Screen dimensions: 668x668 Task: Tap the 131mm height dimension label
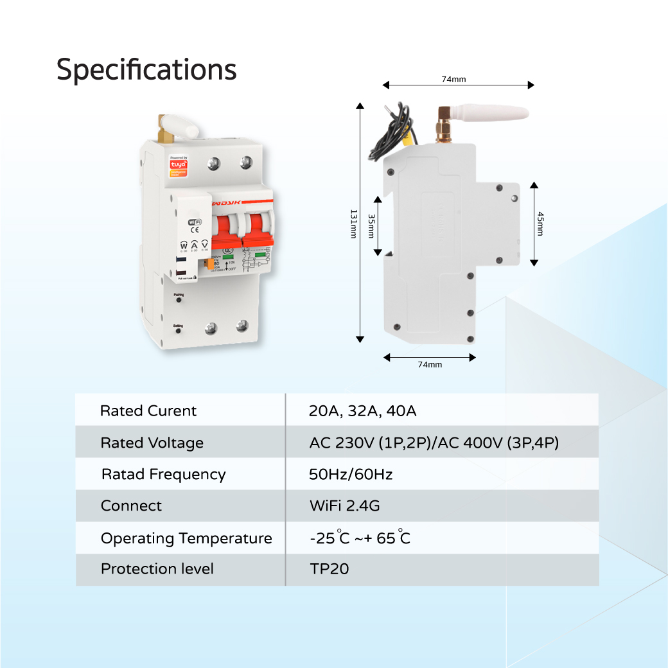tap(353, 224)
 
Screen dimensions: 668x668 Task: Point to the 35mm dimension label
tap(371, 226)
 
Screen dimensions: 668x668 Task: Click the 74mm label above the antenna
tap(453, 79)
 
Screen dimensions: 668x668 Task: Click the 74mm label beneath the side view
tap(430, 365)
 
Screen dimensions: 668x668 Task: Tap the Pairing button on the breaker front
tap(179, 301)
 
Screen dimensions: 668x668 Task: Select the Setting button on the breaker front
tap(178, 331)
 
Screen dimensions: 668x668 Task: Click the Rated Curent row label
tap(148, 411)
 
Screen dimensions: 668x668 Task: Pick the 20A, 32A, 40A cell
tap(363, 411)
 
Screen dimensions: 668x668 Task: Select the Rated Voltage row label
tap(152, 443)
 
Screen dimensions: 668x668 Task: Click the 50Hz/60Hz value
tap(351, 475)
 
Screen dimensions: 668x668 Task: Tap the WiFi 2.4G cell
tap(344, 505)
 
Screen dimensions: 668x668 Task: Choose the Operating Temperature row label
tap(186, 538)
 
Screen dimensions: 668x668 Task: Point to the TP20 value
tap(329, 569)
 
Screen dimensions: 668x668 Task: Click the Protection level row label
tap(157, 569)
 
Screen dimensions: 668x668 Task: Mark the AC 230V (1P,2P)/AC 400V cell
tap(434, 443)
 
